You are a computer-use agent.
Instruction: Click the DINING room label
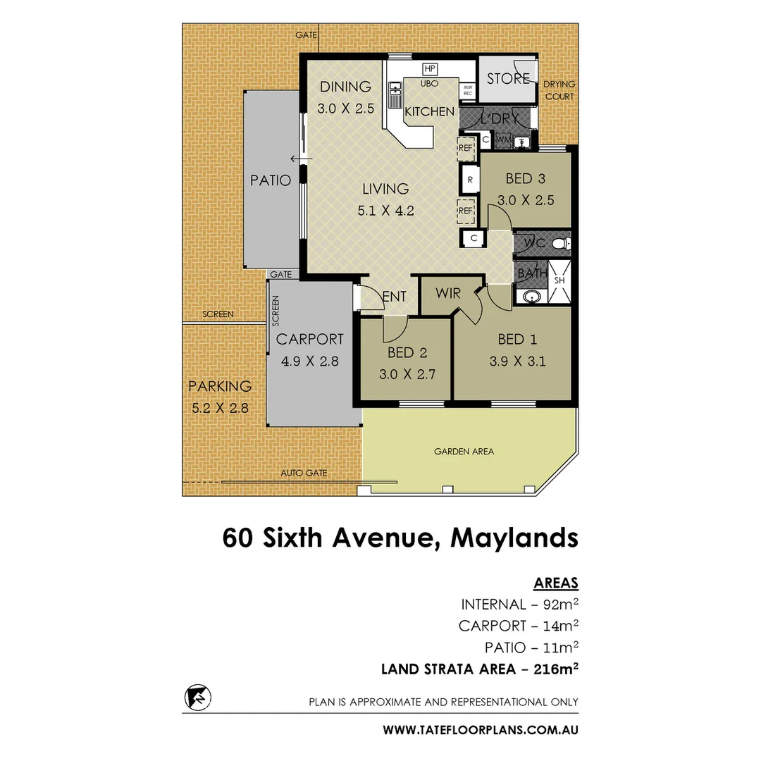click(345, 87)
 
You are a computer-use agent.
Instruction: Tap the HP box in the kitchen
click(429, 69)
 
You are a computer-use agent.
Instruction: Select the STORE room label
click(508, 78)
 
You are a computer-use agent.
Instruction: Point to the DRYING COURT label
click(559, 89)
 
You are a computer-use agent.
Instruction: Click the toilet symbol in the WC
click(560, 244)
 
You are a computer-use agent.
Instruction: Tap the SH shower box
click(559, 280)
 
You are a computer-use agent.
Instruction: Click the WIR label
click(447, 293)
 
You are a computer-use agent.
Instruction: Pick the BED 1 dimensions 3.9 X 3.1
click(518, 362)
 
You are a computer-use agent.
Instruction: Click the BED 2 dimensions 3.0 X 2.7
click(407, 374)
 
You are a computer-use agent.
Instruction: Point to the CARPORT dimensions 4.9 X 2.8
click(310, 361)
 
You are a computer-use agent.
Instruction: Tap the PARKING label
click(220, 386)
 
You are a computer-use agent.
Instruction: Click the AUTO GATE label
click(304, 474)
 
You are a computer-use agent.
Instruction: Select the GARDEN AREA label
click(464, 452)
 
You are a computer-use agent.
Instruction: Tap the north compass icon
click(197, 698)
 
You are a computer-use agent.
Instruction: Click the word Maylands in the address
click(514, 538)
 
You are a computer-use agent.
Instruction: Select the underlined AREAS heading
click(556, 583)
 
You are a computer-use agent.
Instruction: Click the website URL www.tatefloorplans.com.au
click(481, 730)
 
